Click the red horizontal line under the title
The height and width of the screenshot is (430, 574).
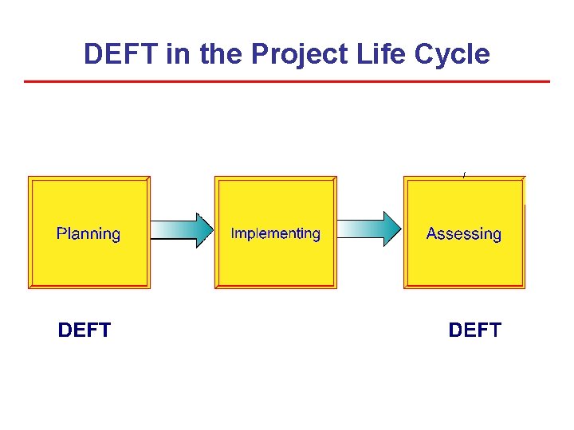(287, 81)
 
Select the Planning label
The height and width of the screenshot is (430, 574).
(88, 234)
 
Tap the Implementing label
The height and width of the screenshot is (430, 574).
(275, 233)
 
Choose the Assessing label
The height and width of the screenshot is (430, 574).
(464, 234)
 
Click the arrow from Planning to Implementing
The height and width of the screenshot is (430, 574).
(182, 229)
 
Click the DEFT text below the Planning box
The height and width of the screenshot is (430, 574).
(85, 330)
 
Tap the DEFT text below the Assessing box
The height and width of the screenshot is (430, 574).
(475, 330)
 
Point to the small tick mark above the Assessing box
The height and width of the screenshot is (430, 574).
(463, 174)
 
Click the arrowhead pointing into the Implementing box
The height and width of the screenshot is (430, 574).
(204, 229)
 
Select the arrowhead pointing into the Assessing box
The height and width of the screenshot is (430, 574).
(392, 229)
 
